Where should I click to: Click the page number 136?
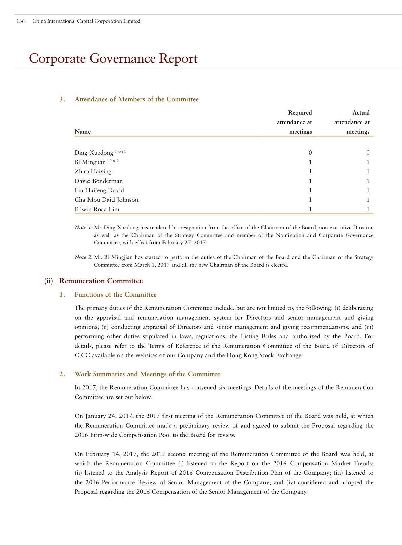[20, 21]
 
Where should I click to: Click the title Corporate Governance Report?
[113, 58]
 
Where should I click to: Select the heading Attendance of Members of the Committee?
[136, 99]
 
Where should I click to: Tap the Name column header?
[82, 132]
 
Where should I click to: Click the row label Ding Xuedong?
[94, 153]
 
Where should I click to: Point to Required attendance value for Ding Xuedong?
[310, 153]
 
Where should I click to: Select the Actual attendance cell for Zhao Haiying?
[368, 171]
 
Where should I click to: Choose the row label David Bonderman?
[99, 181]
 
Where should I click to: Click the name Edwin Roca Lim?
[97, 209]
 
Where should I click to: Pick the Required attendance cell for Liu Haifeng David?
[310, 190]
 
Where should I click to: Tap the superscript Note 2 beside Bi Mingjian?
[113, 161]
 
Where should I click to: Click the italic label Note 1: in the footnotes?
[83, 228]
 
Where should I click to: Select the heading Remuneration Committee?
[101, 281]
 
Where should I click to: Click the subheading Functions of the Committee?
[116, 295]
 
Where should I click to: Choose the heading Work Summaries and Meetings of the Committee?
[147, 374]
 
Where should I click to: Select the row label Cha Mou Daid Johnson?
[106, 200]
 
